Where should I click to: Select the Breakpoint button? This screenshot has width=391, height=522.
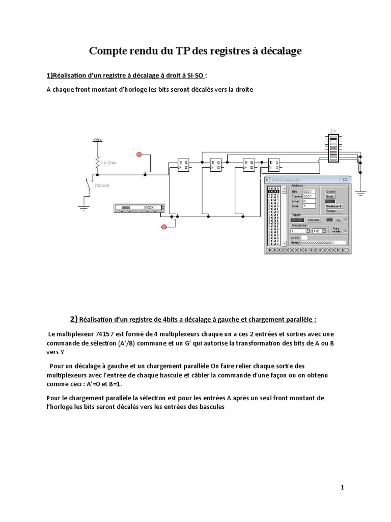coord(333,206)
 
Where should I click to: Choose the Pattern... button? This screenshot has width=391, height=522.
coord(333,211)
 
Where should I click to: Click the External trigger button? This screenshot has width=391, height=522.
coord(313,220)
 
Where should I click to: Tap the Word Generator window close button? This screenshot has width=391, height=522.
coord(345,180)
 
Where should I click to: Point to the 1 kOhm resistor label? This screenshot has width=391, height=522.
coord(108,163)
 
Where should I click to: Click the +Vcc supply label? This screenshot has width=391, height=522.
coord(97,139)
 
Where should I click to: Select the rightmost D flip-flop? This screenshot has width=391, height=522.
coord(274,164)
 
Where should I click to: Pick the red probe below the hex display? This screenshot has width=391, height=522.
coord(164,226)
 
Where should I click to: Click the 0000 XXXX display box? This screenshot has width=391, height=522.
coord(138,208)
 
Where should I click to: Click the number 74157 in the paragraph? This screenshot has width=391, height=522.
coord(100,334)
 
